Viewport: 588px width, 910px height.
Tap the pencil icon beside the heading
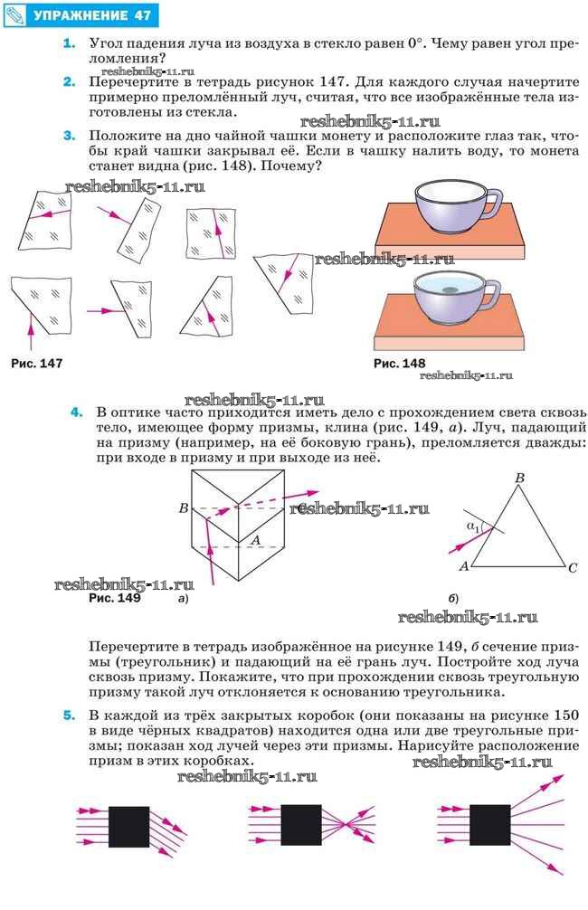click(x=15, y=15)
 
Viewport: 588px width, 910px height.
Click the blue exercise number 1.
click(x=68, y=43)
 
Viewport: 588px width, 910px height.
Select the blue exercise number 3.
click(x=68, y=136)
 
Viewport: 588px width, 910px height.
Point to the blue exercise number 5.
click(x=68, y=715)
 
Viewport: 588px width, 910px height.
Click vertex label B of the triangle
click(x=519, y=478)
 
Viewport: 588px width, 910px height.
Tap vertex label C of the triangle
click(x=573, y=568)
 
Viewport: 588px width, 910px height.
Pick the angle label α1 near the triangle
click(x=472, y=526)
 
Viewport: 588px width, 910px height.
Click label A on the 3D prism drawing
click(x=255, y=539)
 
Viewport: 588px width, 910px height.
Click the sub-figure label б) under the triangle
click(x=453, y=599)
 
